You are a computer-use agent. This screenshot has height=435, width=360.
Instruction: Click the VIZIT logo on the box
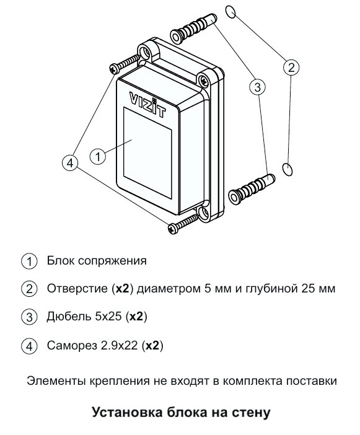point(148,105)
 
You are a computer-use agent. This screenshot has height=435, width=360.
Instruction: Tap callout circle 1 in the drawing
point(98,157)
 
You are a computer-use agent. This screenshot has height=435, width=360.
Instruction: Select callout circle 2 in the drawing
point(291,68)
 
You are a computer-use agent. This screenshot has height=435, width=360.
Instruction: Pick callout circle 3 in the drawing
point(258,87)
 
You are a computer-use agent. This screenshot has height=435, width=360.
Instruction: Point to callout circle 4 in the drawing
point(70,163)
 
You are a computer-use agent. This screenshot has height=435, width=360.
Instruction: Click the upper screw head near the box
point(115,68)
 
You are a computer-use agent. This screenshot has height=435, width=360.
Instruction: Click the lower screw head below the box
point(173,228)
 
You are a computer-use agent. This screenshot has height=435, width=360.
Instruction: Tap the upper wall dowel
point(193,27)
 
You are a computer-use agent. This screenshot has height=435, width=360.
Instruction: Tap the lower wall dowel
point(252,189)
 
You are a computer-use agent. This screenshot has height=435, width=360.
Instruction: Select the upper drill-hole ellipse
point(230,12)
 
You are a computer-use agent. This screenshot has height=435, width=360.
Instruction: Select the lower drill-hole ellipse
point(288,169)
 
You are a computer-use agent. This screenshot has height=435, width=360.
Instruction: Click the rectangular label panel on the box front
point(147,153)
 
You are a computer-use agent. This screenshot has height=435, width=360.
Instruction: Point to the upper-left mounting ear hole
point(145,52)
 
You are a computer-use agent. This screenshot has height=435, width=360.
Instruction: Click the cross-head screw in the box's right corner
point(204,81)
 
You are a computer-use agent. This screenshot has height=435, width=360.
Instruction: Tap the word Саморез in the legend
point(72,345)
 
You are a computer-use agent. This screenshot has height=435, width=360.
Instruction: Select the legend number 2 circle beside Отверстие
point(29,289)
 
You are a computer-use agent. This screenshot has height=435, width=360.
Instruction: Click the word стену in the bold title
point(251,412)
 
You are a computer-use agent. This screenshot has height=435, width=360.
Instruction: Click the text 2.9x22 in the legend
point(119,345)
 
